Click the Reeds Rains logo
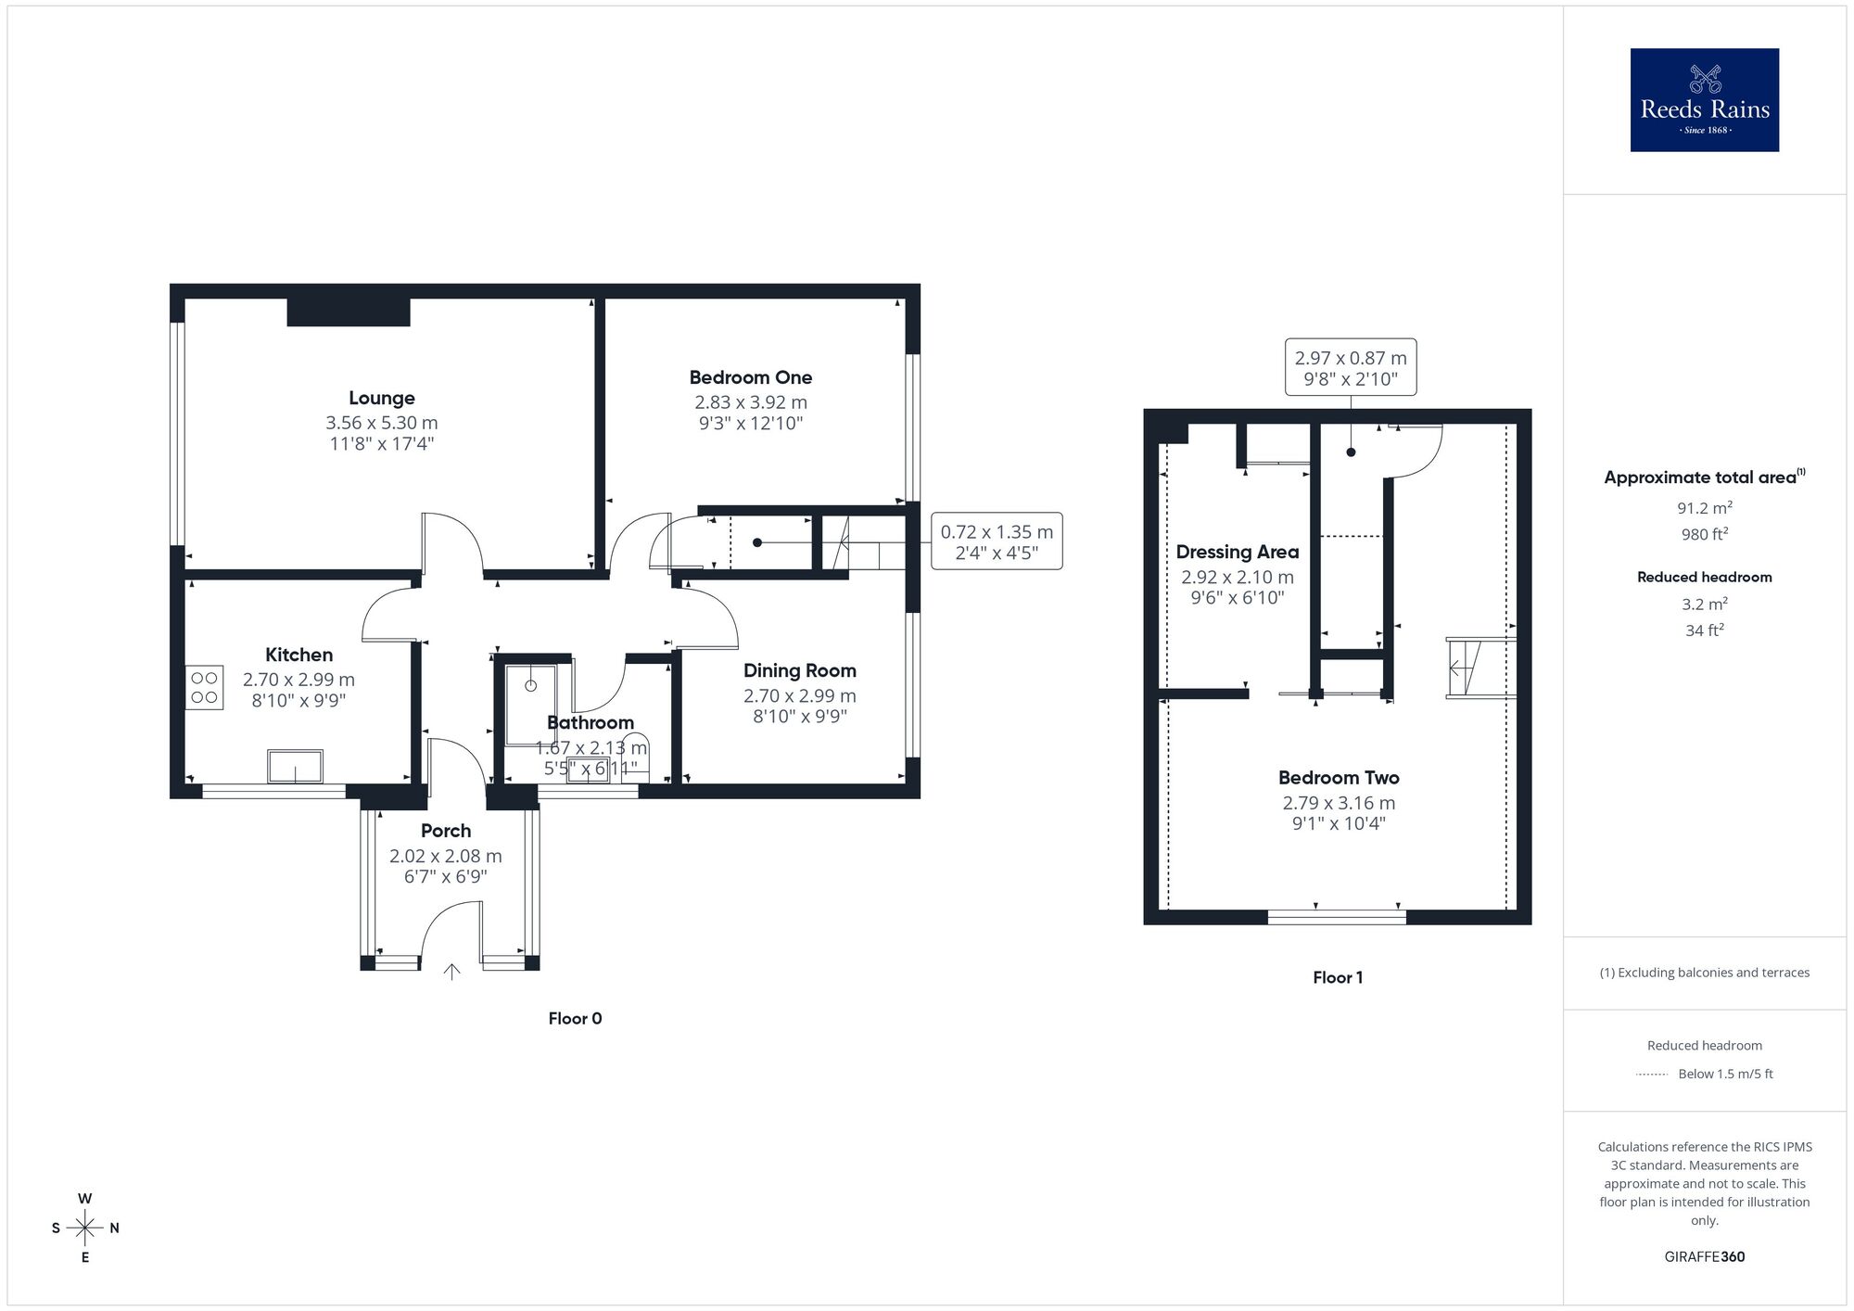click(x=1704, y=100)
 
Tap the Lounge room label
click(x=381, y=398)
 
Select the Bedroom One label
click(x=750, y=377)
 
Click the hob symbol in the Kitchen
click(x=204, y=688)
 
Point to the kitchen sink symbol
click(x=295, y=767)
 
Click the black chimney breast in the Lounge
click(x=349, y=312)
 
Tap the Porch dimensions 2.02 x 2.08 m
click(x=445, y=856)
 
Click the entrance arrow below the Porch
click(x=451, y=972)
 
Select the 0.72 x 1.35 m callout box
click(x=997, y=541)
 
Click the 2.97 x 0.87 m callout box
click(x=1350, y=367)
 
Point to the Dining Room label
click(x=799, y=670)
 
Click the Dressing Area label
click(x=1237, y=552)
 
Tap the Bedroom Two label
click(x=1338, y=778)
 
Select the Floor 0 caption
click(x=575, y=1018)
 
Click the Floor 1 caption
click(x=1337, y=977)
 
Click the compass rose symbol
click(x=85, y=1228)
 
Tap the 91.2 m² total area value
click(x=1704, y=508)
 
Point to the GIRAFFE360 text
click(x=1704, y=1257)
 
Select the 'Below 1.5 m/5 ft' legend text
click(x=1725, y=1074)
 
